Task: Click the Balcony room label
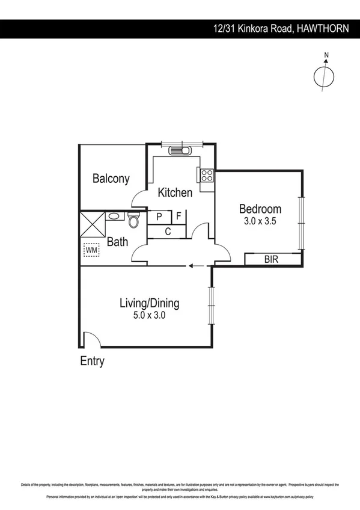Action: (111, 179)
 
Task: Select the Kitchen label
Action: (175, 192)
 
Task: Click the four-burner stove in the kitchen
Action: (206, 176)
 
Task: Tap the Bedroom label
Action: (260, 209)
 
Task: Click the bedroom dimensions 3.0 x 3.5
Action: (260, 221)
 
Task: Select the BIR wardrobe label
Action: (272, 259)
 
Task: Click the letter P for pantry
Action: (159, 217)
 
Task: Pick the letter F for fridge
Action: (178, 217)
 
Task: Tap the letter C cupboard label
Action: (168, 232)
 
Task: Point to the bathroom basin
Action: (114, 215)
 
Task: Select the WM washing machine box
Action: (91, 249)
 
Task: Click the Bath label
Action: (117, 242)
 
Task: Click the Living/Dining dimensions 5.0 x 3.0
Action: (149, 315)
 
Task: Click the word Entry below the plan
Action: (92, 361)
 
